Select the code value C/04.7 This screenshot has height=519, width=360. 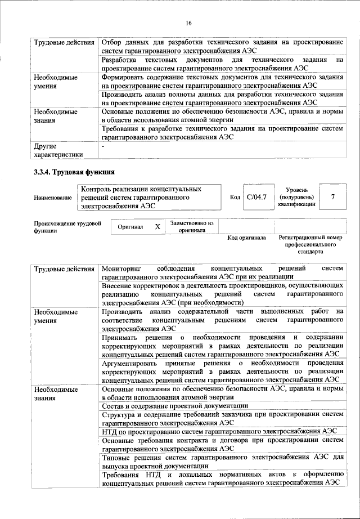coord(256,198)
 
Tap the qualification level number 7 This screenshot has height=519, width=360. coord(333,198)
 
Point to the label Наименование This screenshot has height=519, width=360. coord(52,198)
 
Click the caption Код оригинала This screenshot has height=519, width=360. coord(246,238)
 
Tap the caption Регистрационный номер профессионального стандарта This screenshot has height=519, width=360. coord(310,245)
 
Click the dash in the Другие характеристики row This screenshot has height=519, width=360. coord(103,146)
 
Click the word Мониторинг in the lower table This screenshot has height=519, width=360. coord(121,269)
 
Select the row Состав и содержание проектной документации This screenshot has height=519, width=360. coord(175,406)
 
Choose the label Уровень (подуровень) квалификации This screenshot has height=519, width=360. coord(296,198)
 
